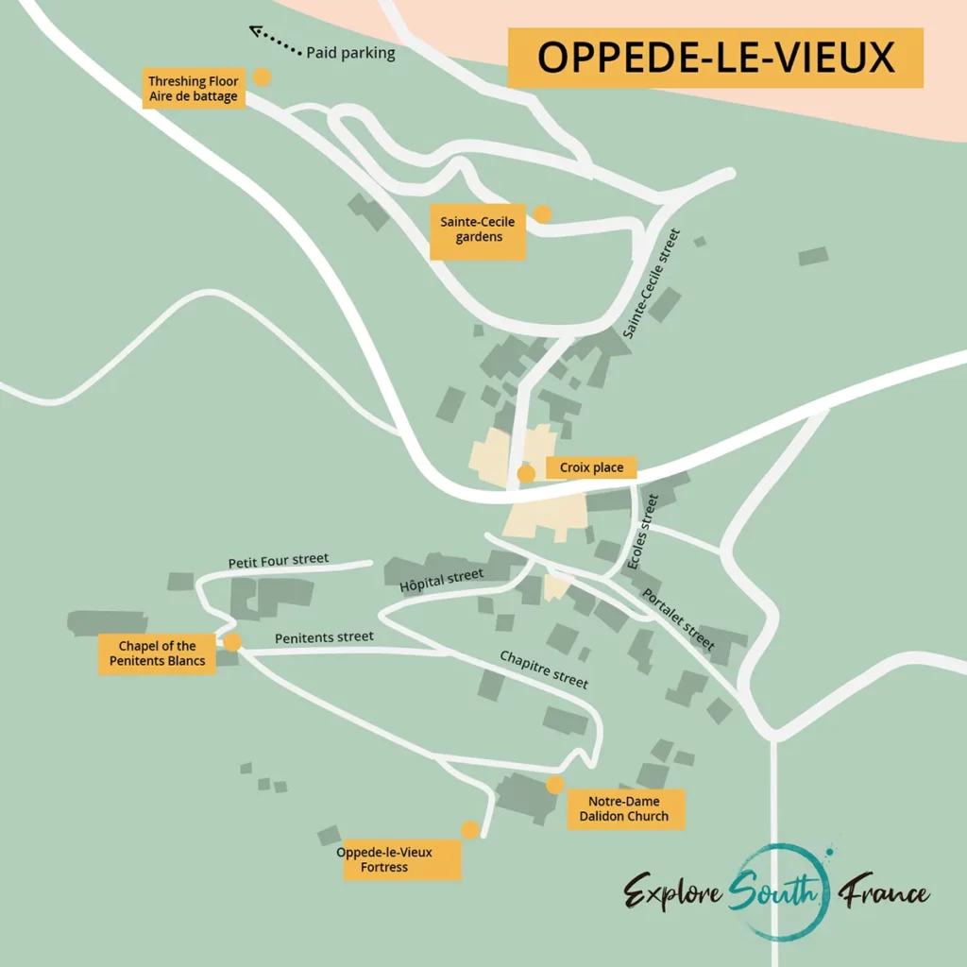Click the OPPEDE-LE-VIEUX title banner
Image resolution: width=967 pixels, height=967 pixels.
coord(715,58)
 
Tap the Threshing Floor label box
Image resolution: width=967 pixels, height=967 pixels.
coord(194,89)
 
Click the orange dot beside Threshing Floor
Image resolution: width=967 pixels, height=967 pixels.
coord(262,77)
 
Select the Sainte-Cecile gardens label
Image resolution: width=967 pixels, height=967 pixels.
coord(478,230)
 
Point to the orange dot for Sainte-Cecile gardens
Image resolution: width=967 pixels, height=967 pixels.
coord(542,214)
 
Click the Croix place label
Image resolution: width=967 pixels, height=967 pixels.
coord(591,467)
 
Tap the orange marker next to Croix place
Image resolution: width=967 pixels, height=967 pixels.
coord(527,473)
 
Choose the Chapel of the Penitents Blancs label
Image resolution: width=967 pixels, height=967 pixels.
coord(158,653)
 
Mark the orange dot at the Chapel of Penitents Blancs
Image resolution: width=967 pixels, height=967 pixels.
coord(232,642)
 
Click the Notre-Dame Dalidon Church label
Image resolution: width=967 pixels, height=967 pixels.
coord(624,809)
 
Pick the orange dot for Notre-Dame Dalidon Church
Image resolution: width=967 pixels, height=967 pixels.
coord(555,785)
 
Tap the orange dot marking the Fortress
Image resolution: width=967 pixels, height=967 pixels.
coord(469,830)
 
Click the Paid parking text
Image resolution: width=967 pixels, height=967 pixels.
coord(350,54)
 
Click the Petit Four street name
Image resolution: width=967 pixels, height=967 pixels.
coord(279,560)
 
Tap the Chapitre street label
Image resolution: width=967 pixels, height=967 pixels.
coord(544,669)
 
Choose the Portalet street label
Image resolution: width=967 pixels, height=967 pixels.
coord(678,619)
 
